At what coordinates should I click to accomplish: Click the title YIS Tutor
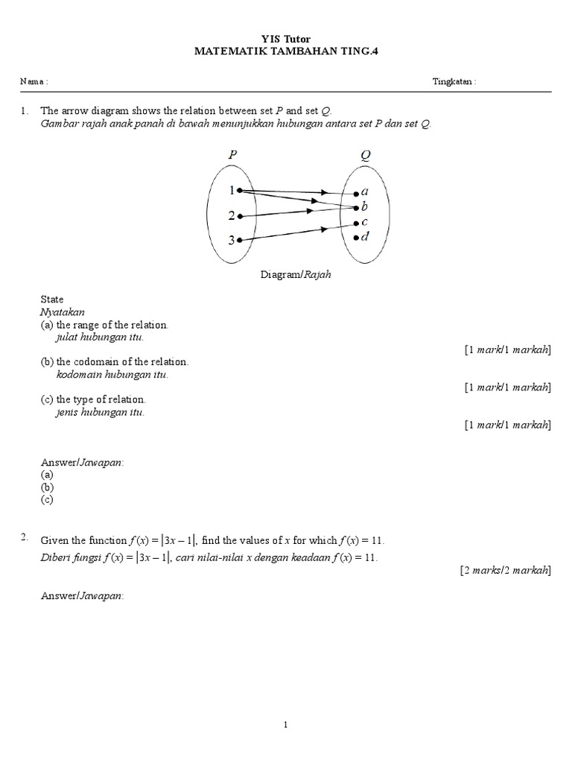pyautogui.click(x=286, y=38)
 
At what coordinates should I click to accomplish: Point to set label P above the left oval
pyautogui.click(x=232, y=155)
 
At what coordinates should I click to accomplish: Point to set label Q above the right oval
pyautogui.click(x=366, y=155)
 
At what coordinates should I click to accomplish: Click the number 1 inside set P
pyautogui.click(x=232, y=191)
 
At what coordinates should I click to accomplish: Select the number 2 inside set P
pyautogui.click(x=232, y=216)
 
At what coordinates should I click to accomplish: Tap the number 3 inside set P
pyautogui.click(x=232, y=241)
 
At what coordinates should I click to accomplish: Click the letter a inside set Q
pyautogui.click(x=364, y=192)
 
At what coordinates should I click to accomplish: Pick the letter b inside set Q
pyautogui.click(x=364, y=206)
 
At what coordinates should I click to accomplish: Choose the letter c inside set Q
pyautogui.click(x=364, y=222)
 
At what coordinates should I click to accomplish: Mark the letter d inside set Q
pyautogui.click(x=364, y=237)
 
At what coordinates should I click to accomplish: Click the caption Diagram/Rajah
pyautogui.click(x=296, y=274)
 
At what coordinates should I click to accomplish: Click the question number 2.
pyautogui.click(x=25, y=537)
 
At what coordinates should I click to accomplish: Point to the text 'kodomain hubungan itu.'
pyautogui.click(x=112, y=374)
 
